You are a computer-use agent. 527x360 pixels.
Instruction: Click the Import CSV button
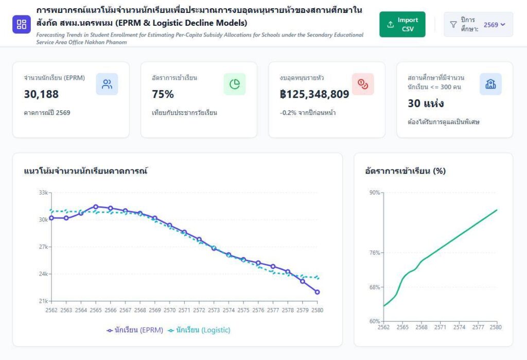(402, 24)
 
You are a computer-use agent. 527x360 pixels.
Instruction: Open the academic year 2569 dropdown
(478, 24)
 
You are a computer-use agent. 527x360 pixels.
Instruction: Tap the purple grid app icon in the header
(22, 24)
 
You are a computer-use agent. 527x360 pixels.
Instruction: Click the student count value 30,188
(41, 94)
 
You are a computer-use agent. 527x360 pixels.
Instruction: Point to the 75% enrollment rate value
(163, 94)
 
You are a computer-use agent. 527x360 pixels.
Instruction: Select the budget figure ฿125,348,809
(314, 94)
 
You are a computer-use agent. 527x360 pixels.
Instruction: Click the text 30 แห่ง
(426, 104)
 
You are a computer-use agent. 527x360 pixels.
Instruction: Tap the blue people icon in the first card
(107, 84)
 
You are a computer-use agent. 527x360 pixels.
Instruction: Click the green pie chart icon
(235, 84)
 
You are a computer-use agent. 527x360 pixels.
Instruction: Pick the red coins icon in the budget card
(363, 84)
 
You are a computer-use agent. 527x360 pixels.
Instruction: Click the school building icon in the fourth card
(490, 84)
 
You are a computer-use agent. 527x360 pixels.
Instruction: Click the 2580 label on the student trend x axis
(318, 311)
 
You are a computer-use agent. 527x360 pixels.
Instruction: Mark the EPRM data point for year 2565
(96, 207)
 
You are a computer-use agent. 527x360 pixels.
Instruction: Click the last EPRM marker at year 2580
(318, 292)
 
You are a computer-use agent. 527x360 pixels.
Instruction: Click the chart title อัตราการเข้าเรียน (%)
(405, 170)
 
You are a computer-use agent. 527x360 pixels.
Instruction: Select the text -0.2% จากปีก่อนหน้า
(308, 113)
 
